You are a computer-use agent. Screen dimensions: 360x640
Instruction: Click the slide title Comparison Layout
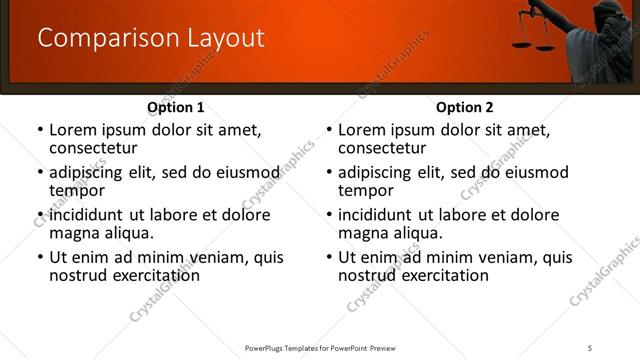tap(151, 38)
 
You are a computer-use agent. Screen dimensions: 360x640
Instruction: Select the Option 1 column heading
tap(176, 107)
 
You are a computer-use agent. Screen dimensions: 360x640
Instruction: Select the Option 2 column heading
tap(465, 107)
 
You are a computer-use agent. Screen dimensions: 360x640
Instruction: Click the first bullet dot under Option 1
tap(40, 130)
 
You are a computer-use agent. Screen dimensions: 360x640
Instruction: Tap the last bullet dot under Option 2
tap(329, 257)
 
